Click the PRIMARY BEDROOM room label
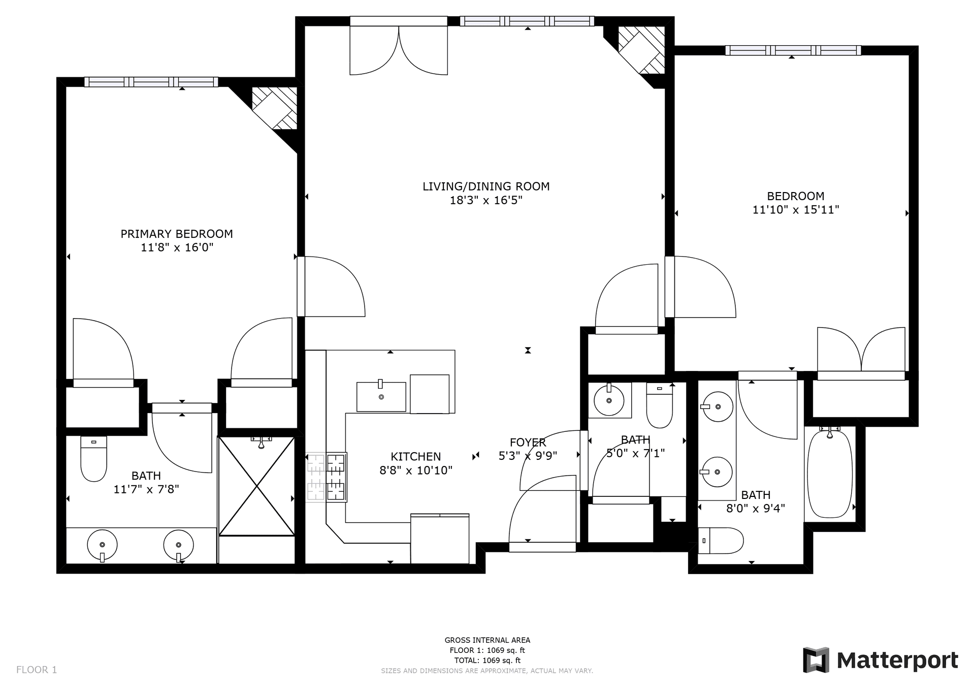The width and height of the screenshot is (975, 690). point(177,234)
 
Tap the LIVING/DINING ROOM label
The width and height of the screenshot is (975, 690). point(486,186)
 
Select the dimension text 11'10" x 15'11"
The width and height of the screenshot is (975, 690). point(795,209)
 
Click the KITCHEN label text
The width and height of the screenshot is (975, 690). point(415,456)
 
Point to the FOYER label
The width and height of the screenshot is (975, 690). point(528,443)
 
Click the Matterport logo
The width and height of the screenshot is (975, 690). point(880,660)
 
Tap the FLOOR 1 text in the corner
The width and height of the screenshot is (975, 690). point(37,670)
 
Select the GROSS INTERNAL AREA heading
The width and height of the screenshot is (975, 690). point(487,640)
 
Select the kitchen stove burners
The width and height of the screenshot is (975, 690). point(326,478)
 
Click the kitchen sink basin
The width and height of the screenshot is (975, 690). point(381,396)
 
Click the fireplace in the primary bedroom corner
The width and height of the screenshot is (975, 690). point(275,108)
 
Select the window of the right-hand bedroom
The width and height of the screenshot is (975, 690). point(793,50)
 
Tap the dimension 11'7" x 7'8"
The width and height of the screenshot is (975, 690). point(146,489)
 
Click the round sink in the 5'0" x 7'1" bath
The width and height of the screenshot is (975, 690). point(609,400)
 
